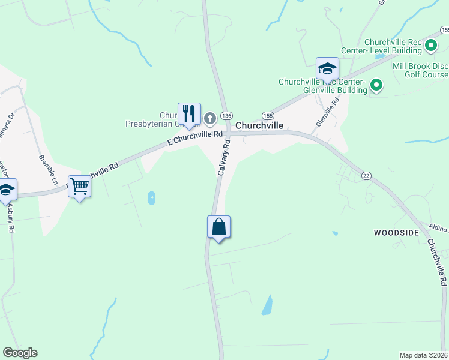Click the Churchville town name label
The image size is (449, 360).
click(x=259, y=126)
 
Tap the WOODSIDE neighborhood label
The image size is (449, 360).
click(x=396, y=232)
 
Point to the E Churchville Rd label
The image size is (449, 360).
click(x=195, y=139)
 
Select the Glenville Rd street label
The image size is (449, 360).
click(x=327, y=112)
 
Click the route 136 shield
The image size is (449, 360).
click(x=226, y=115)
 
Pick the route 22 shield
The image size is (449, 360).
click(x=366, y=174)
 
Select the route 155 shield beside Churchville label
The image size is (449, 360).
click(x=267, y=115)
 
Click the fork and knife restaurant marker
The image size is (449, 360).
click(x=188, y=113)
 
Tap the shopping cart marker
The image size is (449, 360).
click(x=79, y=187)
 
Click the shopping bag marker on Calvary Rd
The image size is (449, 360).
click(x=219, y=227)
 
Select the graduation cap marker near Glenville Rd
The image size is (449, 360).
click(x=327, y=68)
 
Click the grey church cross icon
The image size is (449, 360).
click(x=209, y=118)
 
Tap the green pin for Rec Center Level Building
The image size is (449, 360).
click(x=430, y=45)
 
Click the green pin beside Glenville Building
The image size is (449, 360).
click(x=376, y=85)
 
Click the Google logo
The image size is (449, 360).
click(x=20, y=353)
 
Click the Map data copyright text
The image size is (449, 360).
click(x=423, y=355)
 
